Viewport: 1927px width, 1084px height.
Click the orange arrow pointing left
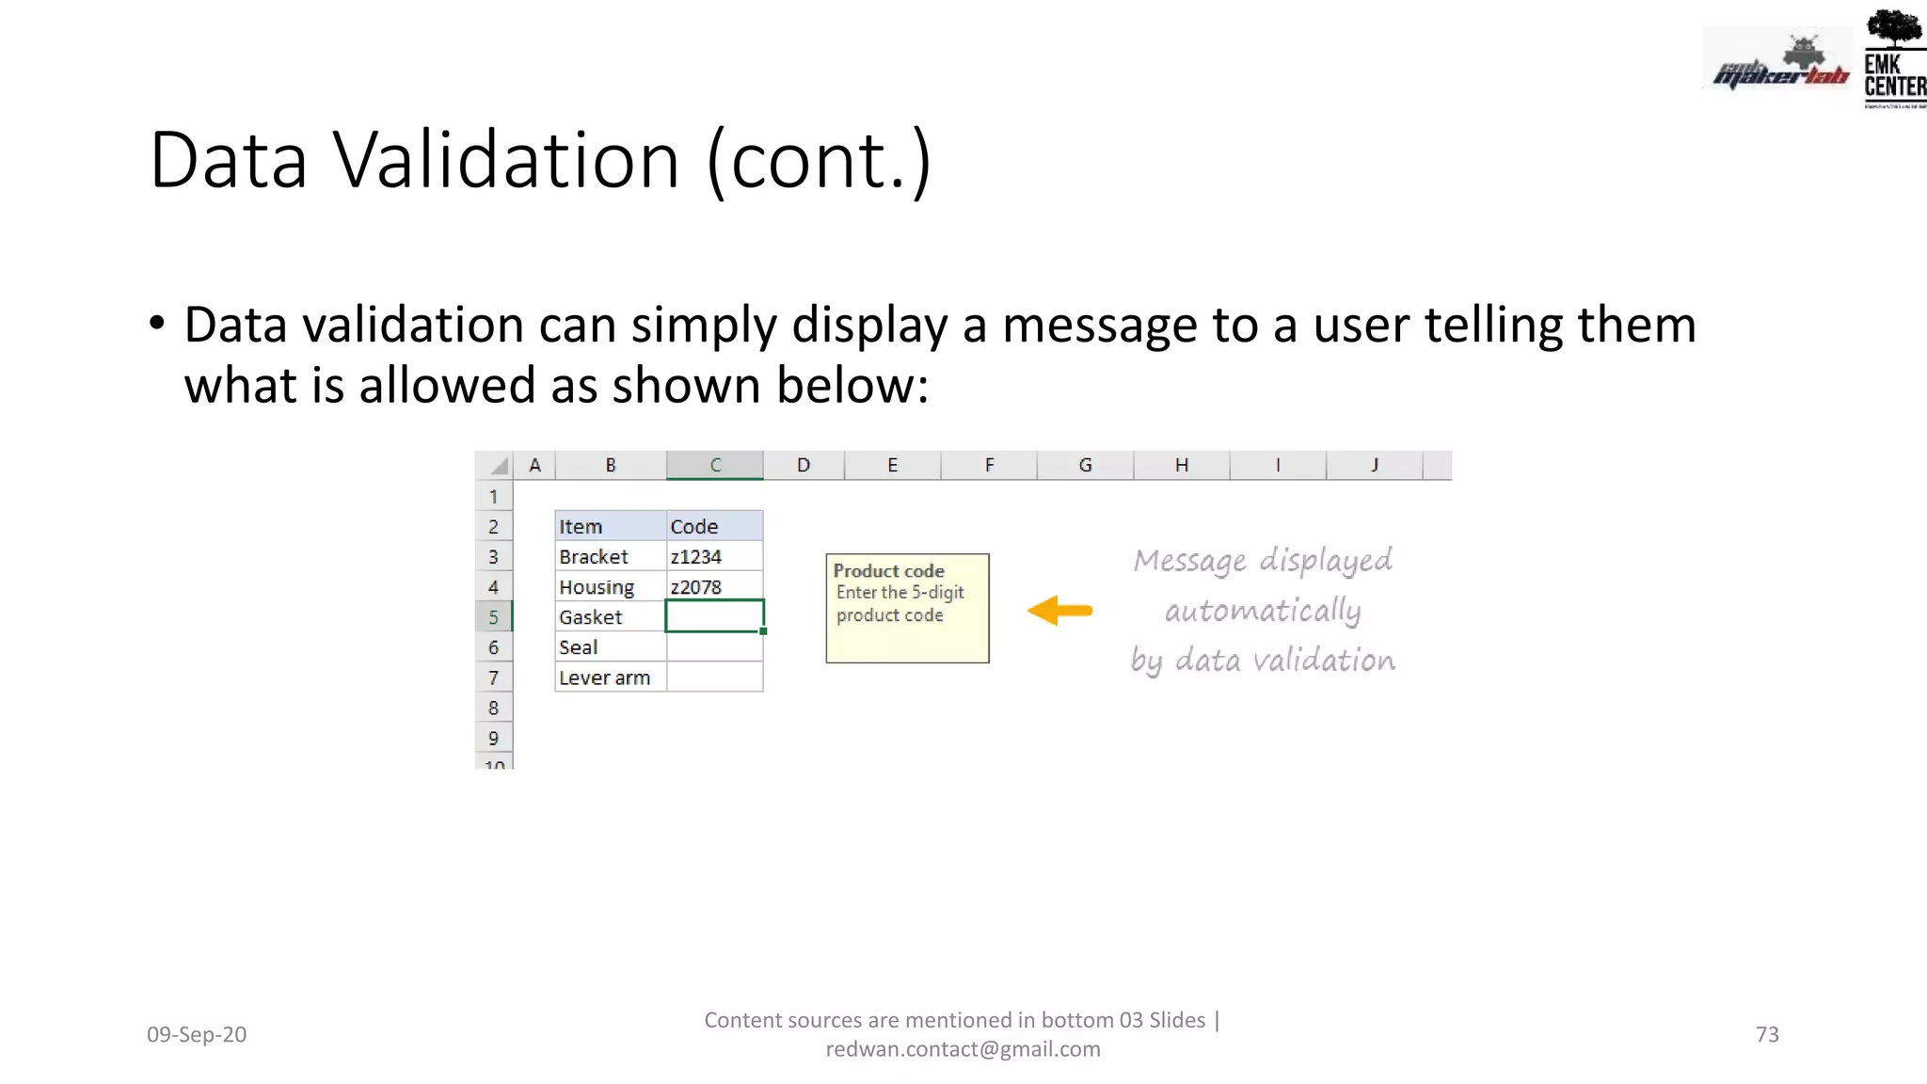click(x=1059, y=611)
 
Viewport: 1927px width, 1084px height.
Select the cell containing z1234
click(x=714, y=557)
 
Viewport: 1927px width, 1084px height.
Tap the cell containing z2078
click(x=714, y=587)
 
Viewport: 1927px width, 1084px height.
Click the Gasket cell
click(x=610, y=617)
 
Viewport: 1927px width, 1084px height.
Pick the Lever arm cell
click(x=610, y=677)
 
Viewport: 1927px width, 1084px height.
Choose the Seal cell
click(x=610, y=647)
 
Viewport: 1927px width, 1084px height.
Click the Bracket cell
click(x=610, y=557)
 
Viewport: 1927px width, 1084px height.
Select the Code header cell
click(x=714, y=527)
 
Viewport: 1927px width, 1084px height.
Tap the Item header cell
click(x=610, y=527)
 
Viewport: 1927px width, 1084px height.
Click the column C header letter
click(x=715, y=465)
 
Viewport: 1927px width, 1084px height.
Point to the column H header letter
click(x=1182, y=465)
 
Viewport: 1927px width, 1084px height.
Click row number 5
click(x=493, y=617)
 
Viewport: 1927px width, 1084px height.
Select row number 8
click(x=493, y=708)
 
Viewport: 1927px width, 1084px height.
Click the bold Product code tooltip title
click(x=888, y=571)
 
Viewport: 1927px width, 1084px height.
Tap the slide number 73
click(x=1767, y=1034)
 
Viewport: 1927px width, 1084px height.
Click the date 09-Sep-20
click(x=197, y=1034)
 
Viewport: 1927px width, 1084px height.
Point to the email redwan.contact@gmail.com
click(x=963, y=1049)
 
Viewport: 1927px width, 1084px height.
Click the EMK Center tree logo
click(x=1893, y=56)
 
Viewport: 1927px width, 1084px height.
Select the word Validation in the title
click(x=506, y=160)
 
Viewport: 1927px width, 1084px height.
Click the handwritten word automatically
click(x=1263, y=611)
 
